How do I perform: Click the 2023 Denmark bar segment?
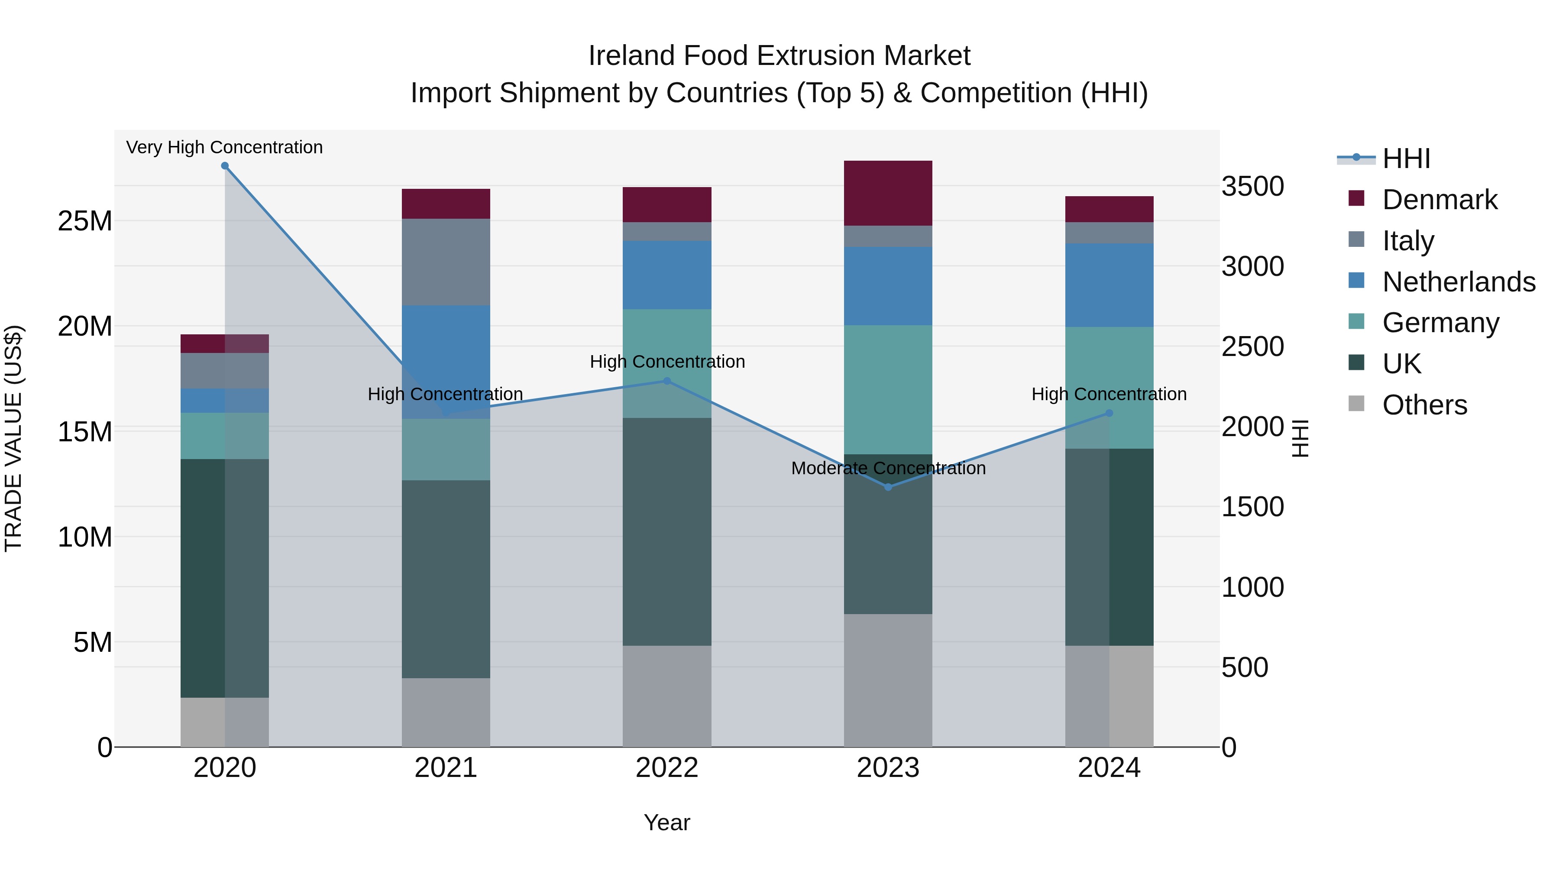[x=888, y=193]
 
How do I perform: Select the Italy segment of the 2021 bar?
[x=446, y=262]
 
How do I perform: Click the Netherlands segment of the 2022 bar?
[x=667, y=275]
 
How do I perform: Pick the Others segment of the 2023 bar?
[x=888, y=680]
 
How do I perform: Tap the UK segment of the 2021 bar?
[x=446, y=579]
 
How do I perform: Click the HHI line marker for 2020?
[x=224, y=166]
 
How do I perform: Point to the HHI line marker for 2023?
[x=888, y=487]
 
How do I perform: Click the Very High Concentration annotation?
[x=224, y=148]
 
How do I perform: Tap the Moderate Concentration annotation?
[x=888, y=469]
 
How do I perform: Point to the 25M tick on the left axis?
[x=85, y=221]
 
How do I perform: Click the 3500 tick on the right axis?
[x=1252, y=186]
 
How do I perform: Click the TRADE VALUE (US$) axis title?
[x=13, y=438]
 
